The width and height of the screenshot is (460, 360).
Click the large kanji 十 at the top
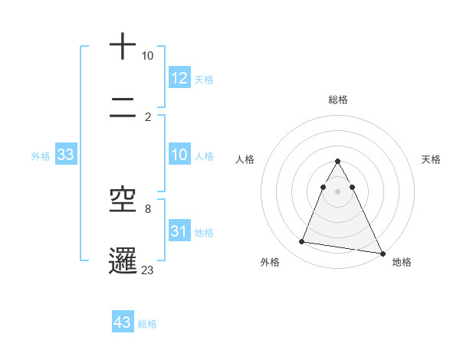pos(123,47)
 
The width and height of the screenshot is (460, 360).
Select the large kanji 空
pos(123,200)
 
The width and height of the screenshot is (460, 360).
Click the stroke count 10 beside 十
pos(147,57)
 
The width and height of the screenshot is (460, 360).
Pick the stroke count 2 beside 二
pos(147,117)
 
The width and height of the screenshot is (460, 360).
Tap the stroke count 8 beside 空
pos(147,208)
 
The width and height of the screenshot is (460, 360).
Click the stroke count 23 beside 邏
pos(148,269)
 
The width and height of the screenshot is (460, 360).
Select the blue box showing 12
pos(179,78)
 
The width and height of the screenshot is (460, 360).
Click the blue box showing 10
pos(179,155)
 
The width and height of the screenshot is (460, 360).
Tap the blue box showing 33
pos(66,155)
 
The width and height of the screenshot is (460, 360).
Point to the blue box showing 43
pos(123,322)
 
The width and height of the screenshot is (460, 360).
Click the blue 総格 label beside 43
pos(147,324)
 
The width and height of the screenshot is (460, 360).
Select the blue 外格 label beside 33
pos(41,156)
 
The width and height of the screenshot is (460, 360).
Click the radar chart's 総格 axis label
pos(337,100)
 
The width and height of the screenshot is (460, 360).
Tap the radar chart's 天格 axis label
pos(431,159)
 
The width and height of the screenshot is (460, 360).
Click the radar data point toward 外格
pos(302,242)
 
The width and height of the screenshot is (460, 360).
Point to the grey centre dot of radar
pos(337,191)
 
